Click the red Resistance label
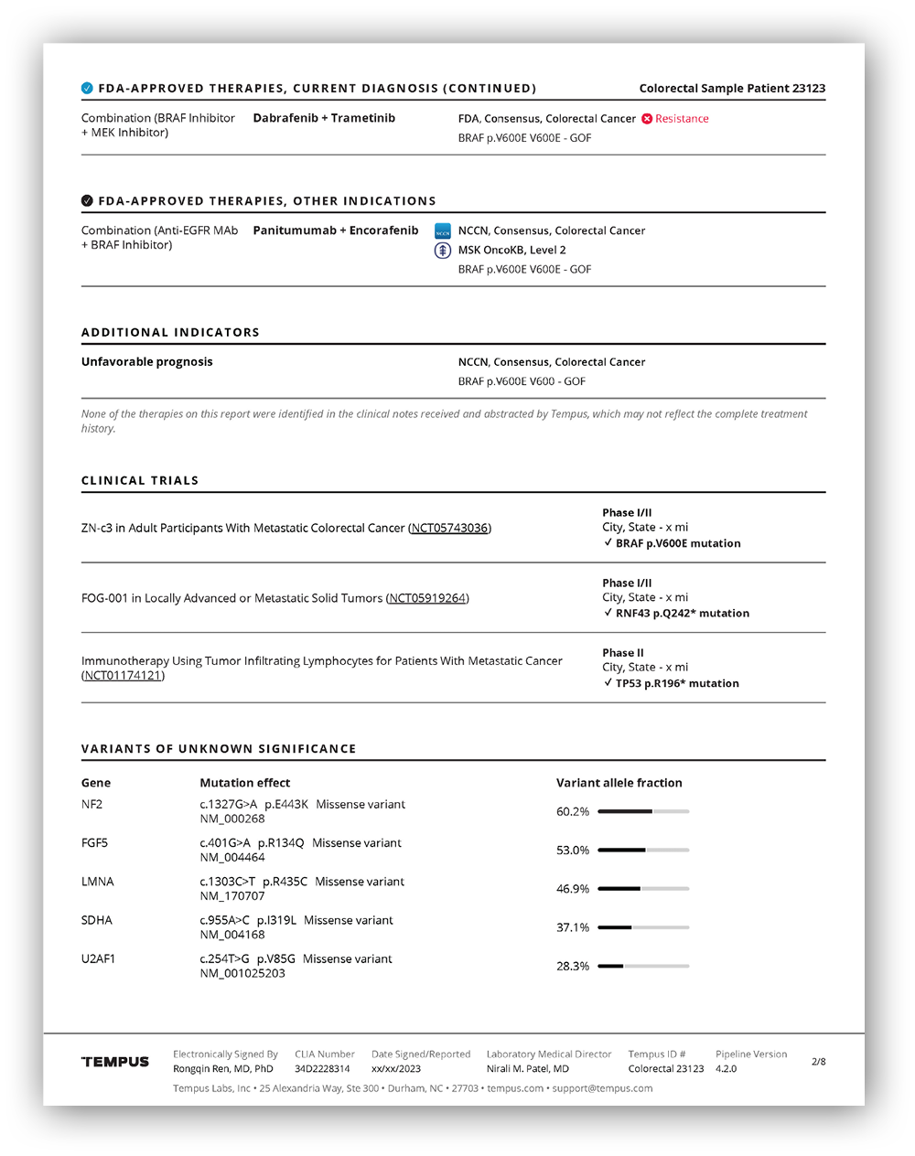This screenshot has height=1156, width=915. tap(682, 119)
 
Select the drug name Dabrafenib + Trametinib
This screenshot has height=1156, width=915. tap(324, 118)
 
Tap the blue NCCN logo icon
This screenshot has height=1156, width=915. tap(443, 231)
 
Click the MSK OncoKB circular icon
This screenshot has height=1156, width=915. tap(443, 250)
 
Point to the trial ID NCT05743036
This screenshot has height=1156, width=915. tap(450, 529)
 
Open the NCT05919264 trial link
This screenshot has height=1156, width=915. tap(427, 598)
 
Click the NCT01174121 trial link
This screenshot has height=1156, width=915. tap(123, 676)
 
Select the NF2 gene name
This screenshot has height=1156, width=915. tap(91, 805)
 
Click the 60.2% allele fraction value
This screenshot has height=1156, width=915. tap(573, 812)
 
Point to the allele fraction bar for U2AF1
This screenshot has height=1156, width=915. tap(643, 966)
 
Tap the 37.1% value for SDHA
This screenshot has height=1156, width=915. tap(573, 927)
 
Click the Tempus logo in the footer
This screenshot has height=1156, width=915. tap(115, 1062)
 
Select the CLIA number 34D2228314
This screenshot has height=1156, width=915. tap(322, 1069)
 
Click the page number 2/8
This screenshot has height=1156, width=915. tap(818, 1062)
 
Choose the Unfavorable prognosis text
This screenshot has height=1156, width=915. tap(146, 362)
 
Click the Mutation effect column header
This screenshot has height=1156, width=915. tap(244, 783)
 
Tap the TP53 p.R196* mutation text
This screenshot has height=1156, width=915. tap(677, 683)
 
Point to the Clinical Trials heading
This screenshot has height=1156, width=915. tap(140, 481)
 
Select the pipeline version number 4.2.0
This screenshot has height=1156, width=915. tap(726, 1069)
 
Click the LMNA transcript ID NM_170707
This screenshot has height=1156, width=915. tap(232, 896)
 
